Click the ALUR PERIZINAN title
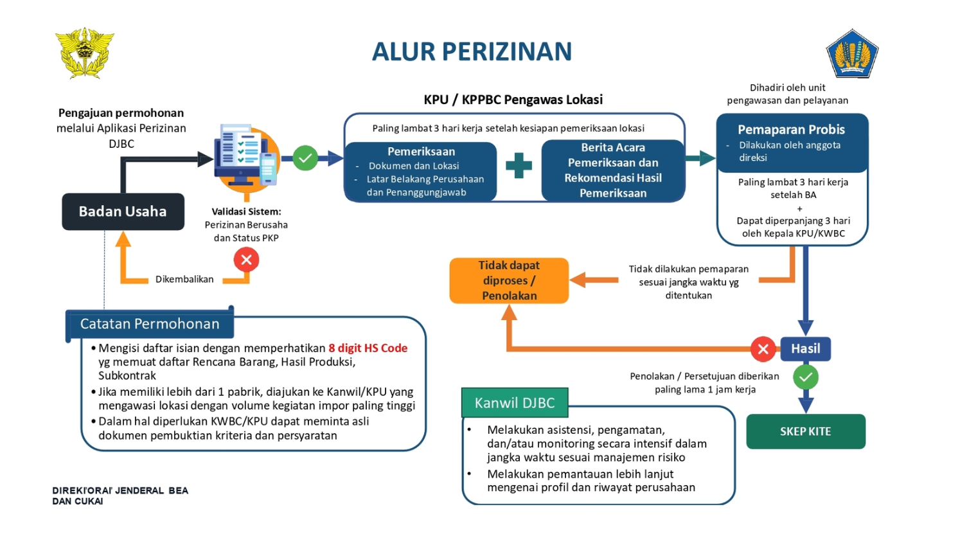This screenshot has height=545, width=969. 472,51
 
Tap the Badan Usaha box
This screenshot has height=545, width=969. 123,211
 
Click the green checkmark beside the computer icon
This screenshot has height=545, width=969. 305,158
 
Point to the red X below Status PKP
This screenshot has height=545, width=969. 246,260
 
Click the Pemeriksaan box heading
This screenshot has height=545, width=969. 421,152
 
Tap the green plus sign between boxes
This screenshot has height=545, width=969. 519,165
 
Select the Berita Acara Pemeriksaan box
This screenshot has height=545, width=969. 613,170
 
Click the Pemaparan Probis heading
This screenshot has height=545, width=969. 791,130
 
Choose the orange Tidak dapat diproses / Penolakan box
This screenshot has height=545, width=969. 509,281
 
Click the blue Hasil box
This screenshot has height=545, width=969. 805,348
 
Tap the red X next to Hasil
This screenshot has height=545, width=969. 763,349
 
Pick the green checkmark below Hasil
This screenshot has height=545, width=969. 805,377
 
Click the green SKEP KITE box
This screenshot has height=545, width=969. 805,431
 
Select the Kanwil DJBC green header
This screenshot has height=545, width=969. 515,403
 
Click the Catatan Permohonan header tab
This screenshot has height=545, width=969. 150,324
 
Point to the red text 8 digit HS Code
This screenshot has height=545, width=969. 368,348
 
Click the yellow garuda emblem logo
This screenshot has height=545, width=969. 85,53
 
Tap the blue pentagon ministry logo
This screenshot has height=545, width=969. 852,54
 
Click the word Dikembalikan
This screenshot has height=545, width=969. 184,280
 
